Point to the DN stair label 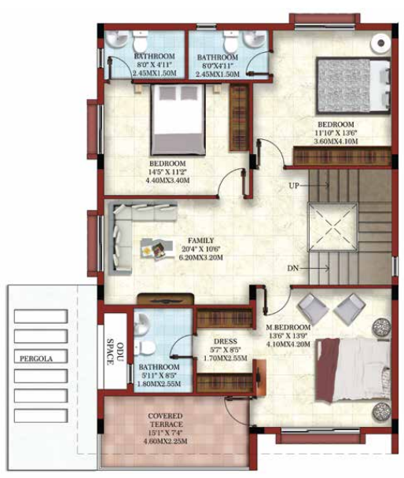294,269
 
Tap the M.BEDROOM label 289,326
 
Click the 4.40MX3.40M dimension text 168,180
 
